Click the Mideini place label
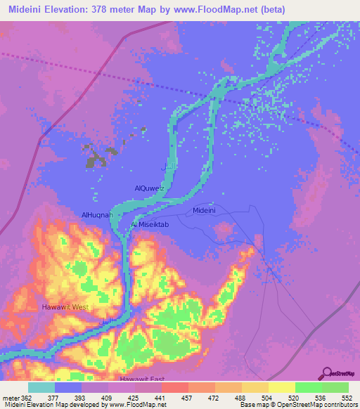204,210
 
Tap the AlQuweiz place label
149,188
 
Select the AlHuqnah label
96,215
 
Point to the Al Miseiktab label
150,225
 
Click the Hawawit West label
65,308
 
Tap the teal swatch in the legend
41,387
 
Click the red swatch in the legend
175,387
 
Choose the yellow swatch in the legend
281,387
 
